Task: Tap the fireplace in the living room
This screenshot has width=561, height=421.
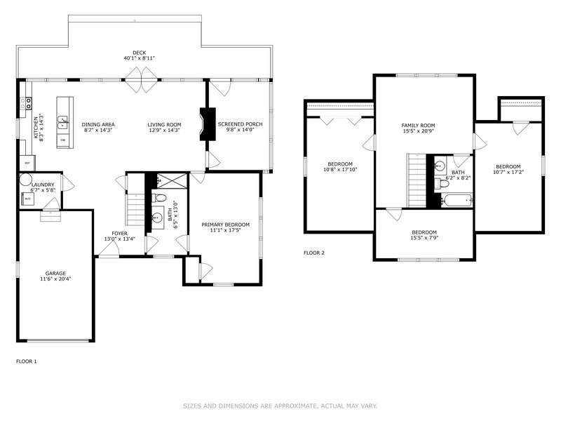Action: tap(204, 124)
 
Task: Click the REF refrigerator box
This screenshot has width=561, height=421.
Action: tap(27, 163)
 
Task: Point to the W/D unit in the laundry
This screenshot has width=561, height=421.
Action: tap(28, 199)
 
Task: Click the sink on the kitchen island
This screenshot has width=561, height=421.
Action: tap(63, 121)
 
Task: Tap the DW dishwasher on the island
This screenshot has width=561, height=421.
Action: tap(62, 140)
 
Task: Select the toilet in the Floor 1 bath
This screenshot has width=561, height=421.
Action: tap(159, 197)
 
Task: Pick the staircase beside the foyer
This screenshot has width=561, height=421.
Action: tap(135, 206)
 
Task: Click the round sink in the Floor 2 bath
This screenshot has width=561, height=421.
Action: tap(439, 167)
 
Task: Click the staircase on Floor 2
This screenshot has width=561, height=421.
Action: tap(417, 181)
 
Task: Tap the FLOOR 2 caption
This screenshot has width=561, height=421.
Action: tap(313, 253)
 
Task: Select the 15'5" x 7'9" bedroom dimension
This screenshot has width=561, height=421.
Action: tap(424, 239)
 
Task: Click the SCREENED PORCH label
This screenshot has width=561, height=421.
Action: tap(240, 124)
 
